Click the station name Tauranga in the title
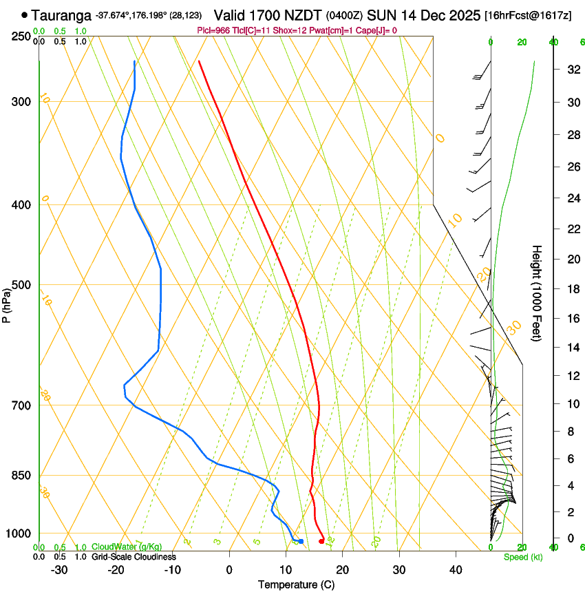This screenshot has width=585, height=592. click(x=61, y=14)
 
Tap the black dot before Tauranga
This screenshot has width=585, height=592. click(x=25, y=14)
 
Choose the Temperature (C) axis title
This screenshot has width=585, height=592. click(x=297, y=585)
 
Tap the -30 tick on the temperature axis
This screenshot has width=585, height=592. click(x=59, y=570)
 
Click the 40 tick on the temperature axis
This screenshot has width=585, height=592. click(x=456, y=570)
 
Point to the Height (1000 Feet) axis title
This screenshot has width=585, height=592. click(x=538, y=293)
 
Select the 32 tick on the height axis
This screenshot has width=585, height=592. click(x=571, y=70)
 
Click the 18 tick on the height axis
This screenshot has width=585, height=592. click(x=571, y=289)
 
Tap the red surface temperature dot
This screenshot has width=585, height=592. click(x=321, y=541)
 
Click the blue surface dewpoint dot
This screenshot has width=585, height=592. click(x=301, y=541)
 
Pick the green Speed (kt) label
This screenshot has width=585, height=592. click(x=523, y=557)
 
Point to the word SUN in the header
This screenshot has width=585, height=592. click(x=379, y=14)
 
